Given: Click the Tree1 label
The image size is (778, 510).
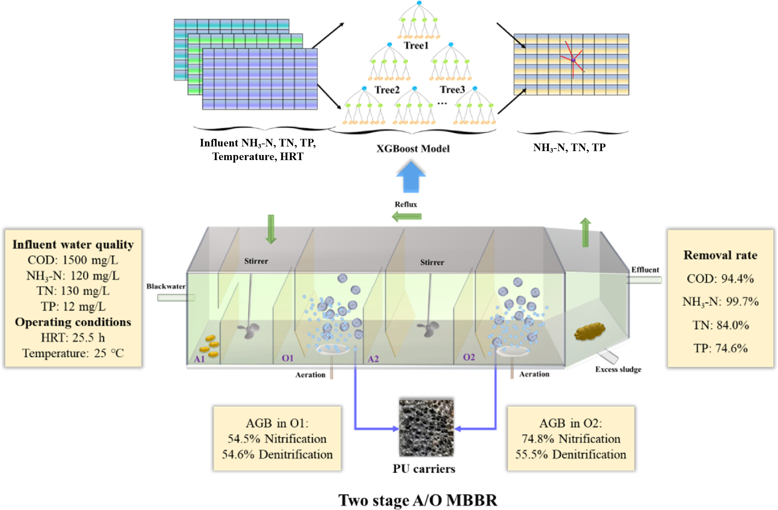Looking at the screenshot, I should point(416,46).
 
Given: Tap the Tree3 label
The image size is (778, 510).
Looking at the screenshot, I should point(452,90).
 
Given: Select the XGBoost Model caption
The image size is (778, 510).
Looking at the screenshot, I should point(413,149).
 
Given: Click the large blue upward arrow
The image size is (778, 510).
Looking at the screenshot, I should point(411,177).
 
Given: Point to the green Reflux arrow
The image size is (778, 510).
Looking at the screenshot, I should point(406,216).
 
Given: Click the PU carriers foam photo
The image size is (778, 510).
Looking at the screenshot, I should point(426,428).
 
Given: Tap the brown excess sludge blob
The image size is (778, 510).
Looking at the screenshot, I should point(589,331).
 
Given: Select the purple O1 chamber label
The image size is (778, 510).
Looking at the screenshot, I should point(287,358).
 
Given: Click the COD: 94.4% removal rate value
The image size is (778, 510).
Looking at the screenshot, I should point(720,279).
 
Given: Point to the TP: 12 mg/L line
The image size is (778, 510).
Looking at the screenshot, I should point(73,307).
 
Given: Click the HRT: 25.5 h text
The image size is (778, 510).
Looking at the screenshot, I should point(73,338).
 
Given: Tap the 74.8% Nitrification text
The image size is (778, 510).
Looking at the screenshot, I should point(571,439).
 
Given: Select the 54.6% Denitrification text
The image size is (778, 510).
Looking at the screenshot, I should point(277,454).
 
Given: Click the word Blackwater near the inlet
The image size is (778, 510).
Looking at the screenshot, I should point(166,286).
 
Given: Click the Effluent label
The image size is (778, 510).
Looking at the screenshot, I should point(645,270).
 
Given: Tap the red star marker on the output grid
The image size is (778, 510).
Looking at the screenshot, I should point(573,60).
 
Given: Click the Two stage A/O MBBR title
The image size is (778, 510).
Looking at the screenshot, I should point(418,500).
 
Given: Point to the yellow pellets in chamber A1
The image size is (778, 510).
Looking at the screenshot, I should point(210,346).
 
